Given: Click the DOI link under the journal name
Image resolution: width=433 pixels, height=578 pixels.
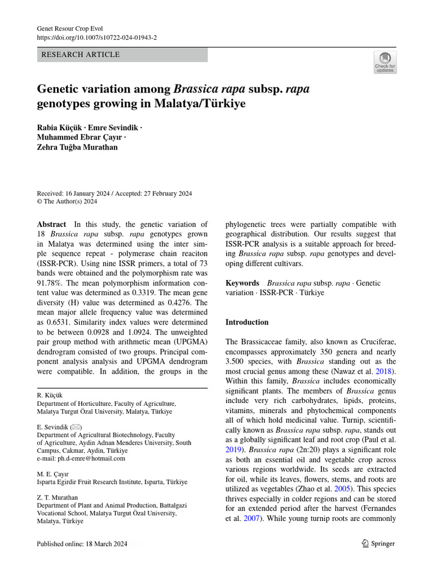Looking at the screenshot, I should click(x=96, y=37).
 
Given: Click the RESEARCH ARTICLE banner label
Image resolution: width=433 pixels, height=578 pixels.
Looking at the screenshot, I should click(x=79, y=55).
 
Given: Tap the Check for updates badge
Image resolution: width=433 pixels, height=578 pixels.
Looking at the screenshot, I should click(x=385, y=62).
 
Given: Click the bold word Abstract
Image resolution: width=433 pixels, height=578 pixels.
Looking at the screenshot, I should click(x=51, y=224).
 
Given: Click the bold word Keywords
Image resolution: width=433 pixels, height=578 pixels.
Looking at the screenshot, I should click(x=242, y=283).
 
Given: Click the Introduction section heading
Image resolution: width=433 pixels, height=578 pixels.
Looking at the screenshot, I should click(x=247, y=322).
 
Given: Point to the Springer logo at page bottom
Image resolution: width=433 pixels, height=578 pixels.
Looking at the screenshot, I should click(x=377, y=544).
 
